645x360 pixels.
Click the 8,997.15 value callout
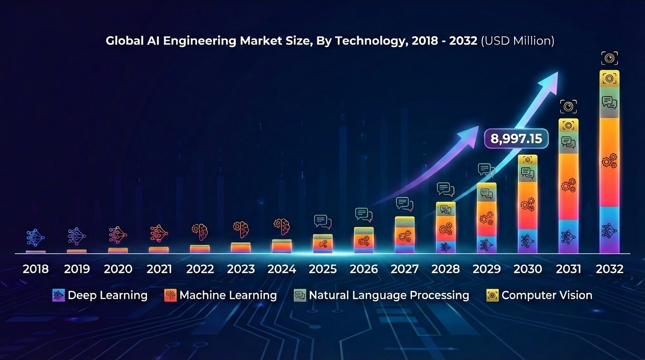pyautogui.click(x=516, y=138)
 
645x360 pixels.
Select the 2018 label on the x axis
pyautogui.click(x=36, y=269)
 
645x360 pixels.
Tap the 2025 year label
pyautogui.click(x=322, y=269)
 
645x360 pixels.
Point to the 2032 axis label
pyautogui.click(x=609, y=269)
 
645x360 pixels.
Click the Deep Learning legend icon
pyautogui.click(x=59, y=295)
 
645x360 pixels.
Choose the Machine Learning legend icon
pyautogui.click(x=171, y=295)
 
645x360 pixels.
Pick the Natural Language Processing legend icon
pyautogui.click(x=300, y=295)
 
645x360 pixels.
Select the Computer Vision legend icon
pyautogui.click(x=493, y=295)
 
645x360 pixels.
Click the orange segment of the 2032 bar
pyautogui.click(x=609, y=162)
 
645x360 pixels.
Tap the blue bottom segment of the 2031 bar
pyautogui.click(x=569, y=237)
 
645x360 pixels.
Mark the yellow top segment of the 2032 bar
pyautogui.click(x=609, y=79)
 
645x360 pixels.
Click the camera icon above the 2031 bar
pyautogui.click(x=569, y=106)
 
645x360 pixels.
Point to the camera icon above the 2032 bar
pyautogui.click(x=609, y=58)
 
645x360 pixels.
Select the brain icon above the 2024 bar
pyautogui.click(x=282, y=226)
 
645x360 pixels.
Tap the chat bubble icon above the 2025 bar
pyautogui.click(x=322, y=222)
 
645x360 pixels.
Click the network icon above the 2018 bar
pyautogui.click(x=36, y=238)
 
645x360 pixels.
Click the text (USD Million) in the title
pyautogui.click(x=517, y=41)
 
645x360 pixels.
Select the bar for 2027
pyautogui.click(x=405, y=234)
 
